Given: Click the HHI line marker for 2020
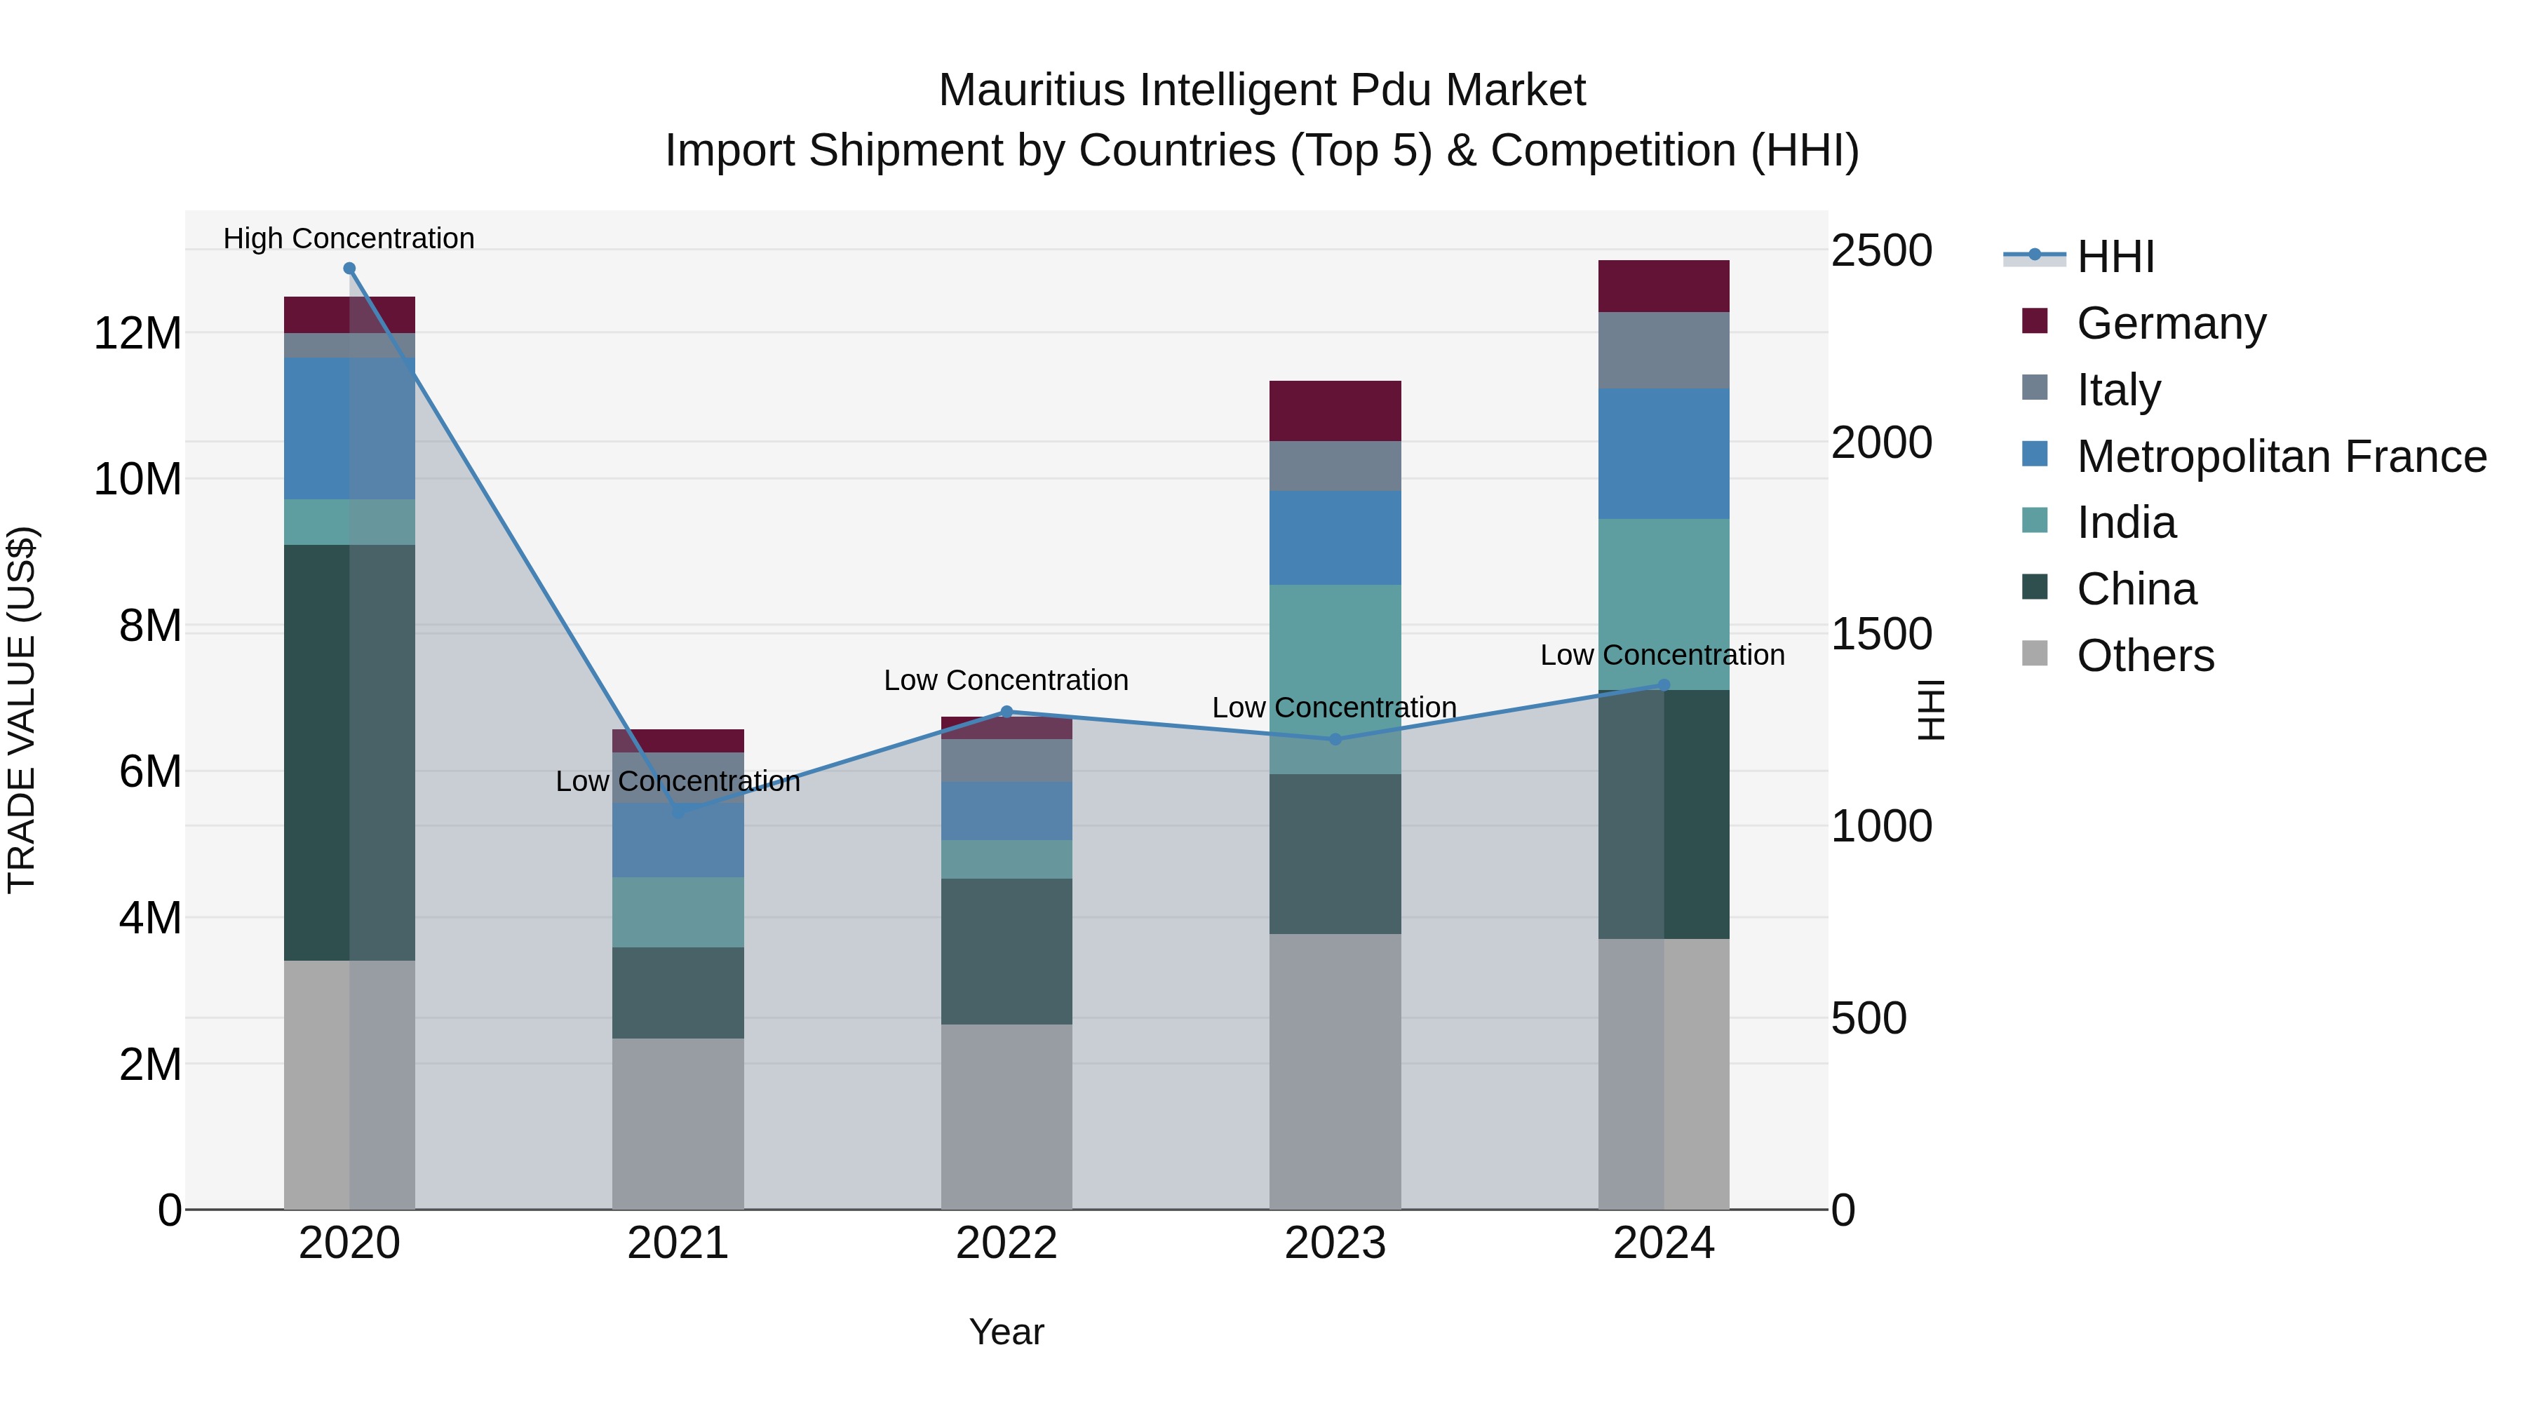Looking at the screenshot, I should tap(349, 269).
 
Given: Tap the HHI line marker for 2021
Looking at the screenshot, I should tap(678, 811).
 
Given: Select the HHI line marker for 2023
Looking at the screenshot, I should tap(1335, 739).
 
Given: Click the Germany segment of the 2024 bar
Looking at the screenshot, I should tap(1664, 286).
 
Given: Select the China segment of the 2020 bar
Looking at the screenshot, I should tap(349, 752).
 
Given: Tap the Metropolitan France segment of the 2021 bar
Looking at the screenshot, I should tap(678, 841).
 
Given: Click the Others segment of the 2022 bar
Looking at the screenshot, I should tap(1006, 1116).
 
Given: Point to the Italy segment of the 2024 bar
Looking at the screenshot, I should tap(1664, 350).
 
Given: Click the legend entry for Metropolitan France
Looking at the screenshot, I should tap(2280, 457).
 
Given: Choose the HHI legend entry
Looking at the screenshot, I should tap(2114, 257).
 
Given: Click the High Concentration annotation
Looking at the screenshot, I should tap(349, 238).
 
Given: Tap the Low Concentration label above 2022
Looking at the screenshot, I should tap(1006, 680).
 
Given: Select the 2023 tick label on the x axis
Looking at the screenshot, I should tap(1335, 1243).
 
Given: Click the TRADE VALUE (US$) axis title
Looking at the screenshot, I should tap(22, 710).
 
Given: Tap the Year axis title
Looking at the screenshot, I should tap(1006, 1332).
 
